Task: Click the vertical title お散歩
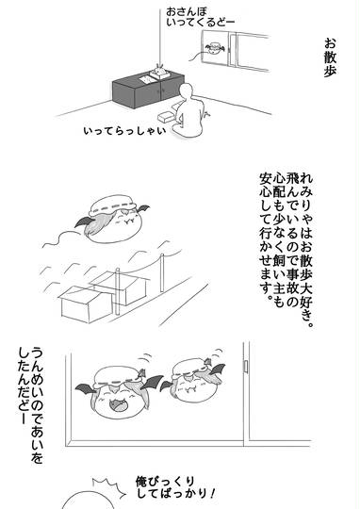point(330,57)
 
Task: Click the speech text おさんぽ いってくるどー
point(200,17)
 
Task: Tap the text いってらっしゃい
point(124,131)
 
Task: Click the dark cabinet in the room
point(148,90)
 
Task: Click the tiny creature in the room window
point(215,49)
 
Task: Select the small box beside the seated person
point(166,118)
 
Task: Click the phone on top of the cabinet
point(158,73)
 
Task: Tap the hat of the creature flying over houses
point(112,205)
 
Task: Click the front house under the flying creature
point(86,304)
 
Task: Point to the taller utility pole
point(162,272)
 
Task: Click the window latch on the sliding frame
point(246,366)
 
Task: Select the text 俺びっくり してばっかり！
point(175,487)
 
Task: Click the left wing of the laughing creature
point(85,388)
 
